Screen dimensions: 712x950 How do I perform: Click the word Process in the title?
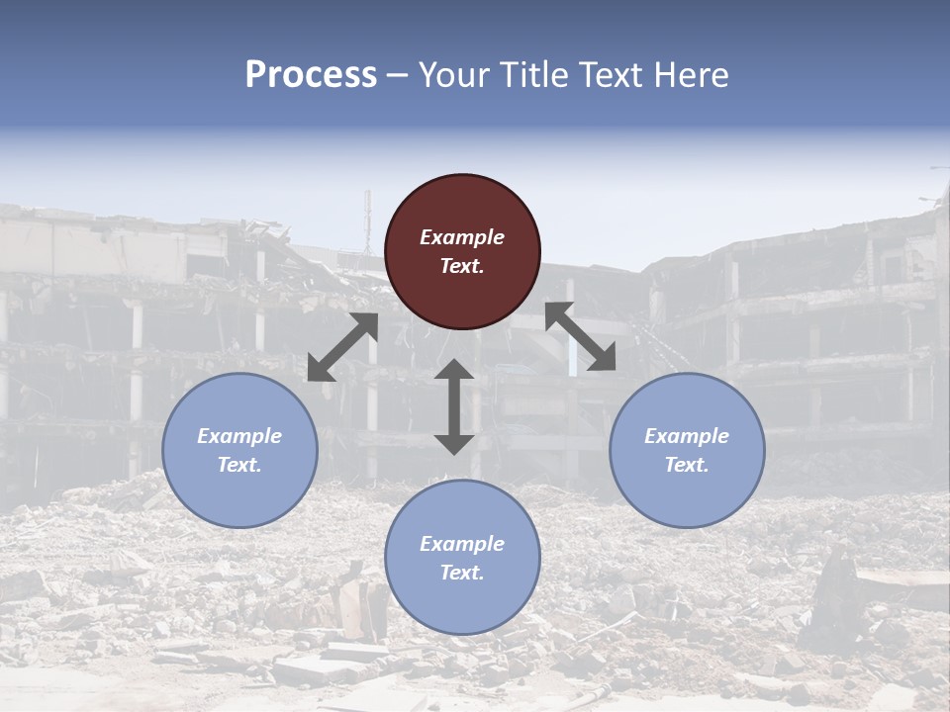311,75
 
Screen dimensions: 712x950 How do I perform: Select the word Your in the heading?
452,75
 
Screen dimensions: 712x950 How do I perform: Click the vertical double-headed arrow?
454,406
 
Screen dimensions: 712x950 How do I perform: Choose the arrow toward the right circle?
580,336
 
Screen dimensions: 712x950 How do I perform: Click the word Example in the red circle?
462,237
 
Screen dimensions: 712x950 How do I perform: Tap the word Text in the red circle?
462,266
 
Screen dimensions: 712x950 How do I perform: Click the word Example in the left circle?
239,436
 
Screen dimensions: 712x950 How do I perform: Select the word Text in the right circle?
687,465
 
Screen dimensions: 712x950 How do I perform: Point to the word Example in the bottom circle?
462,544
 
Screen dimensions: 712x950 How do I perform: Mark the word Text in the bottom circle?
462,573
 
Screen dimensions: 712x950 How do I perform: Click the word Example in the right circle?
687,436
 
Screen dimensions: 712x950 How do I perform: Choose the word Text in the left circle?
239,465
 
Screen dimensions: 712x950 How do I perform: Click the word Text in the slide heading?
608,75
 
